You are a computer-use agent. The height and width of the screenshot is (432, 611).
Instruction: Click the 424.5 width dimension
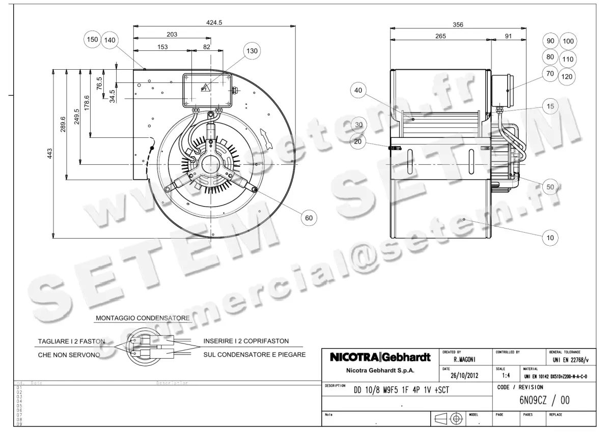[x=214, y=22]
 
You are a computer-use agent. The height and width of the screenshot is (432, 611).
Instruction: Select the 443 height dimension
[x=50, y=153]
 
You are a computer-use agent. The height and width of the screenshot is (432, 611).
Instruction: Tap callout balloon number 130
[x=252, y=51]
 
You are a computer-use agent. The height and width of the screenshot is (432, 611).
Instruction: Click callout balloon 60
[x=309, y=218]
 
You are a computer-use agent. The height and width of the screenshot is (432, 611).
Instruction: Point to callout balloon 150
[x=92, y=39]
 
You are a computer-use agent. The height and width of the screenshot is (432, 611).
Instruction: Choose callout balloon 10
[x=550, y=238]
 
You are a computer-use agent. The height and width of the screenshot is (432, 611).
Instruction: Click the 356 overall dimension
[x=458, y=24]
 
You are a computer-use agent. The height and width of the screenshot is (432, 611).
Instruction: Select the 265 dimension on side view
[x=440, y=36]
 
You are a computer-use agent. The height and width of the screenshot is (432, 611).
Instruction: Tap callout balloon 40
[x=358, y=91]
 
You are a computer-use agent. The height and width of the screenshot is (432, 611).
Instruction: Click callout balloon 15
[x=550, y=106]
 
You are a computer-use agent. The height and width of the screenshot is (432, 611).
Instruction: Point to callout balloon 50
[x=550, y=187]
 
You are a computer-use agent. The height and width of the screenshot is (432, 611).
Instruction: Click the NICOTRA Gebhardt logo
[x=380, y=357]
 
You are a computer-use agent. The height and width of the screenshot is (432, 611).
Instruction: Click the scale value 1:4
[x=507, y=376]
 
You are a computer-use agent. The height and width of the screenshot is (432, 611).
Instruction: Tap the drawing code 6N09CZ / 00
[x=544, y=400]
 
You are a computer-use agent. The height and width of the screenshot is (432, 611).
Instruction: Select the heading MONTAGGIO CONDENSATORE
[x=143, y=318]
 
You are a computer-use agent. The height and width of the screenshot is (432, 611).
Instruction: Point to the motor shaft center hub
[x=209, y=165]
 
